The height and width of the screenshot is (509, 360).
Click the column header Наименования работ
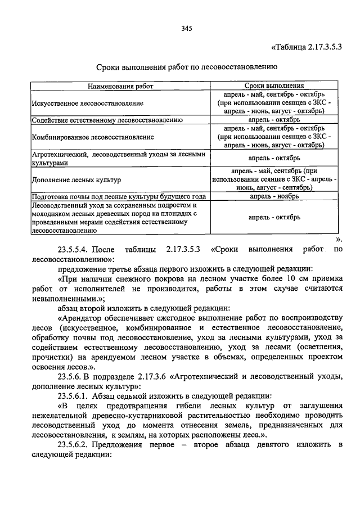(119, 87)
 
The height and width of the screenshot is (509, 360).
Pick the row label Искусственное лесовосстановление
(87, 103)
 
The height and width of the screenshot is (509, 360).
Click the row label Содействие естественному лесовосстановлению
(107, 120)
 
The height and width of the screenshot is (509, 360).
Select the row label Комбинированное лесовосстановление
(92, 137)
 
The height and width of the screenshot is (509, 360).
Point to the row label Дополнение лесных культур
(76, 180)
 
